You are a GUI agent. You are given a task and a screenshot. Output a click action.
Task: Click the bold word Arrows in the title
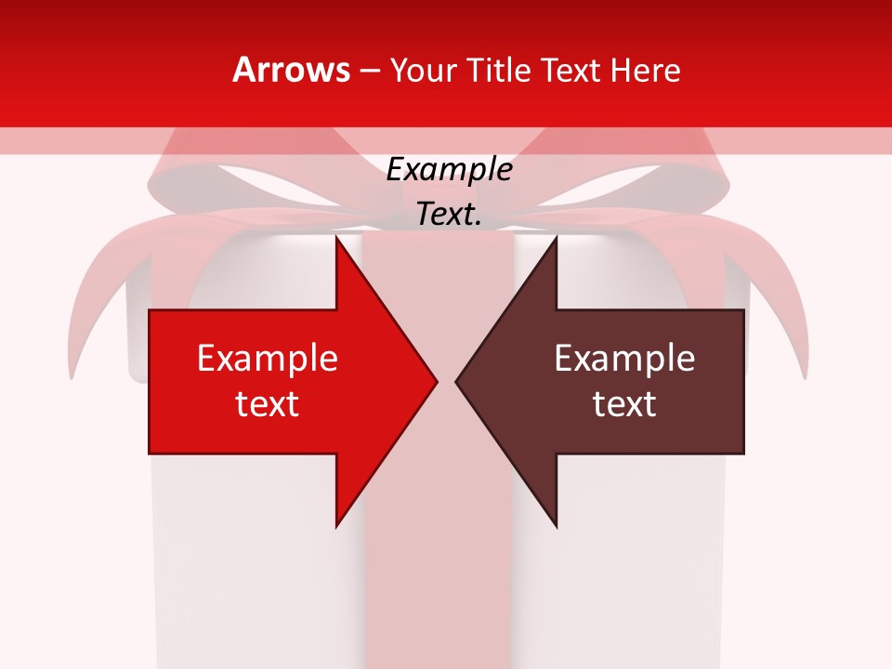(291, 70)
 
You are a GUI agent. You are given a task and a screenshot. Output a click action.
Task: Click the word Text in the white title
(572, 70)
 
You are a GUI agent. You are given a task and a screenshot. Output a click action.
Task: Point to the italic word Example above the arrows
(449, 170)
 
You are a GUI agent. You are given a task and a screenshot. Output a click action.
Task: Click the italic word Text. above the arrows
(449, 214)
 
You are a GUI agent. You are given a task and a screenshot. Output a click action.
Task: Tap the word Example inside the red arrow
(268, 359)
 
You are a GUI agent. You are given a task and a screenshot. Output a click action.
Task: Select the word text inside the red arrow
(268, 403)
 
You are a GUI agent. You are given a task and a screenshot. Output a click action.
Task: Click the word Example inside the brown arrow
(624, 359)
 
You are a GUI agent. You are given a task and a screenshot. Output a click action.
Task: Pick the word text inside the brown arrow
(624, 403)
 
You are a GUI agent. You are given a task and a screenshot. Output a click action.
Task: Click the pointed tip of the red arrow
(436, 381)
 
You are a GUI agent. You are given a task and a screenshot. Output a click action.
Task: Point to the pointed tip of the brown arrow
(457, 381)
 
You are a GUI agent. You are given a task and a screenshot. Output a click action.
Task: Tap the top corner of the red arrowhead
(336, 236)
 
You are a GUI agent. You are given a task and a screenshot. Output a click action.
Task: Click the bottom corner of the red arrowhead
(336, 526)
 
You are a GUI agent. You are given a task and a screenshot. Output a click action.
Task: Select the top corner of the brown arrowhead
(556, 236)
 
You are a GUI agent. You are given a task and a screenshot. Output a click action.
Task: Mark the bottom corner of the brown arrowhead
(556, 526)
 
